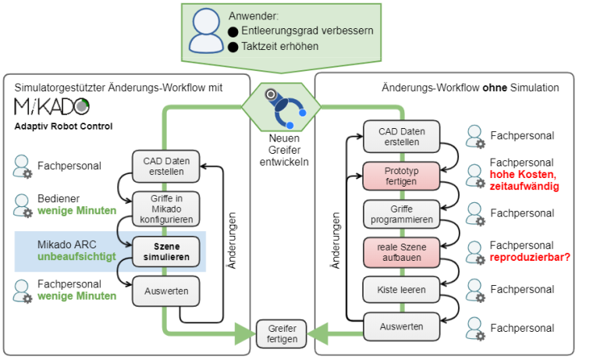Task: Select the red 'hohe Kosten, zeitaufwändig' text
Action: [524, 180]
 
